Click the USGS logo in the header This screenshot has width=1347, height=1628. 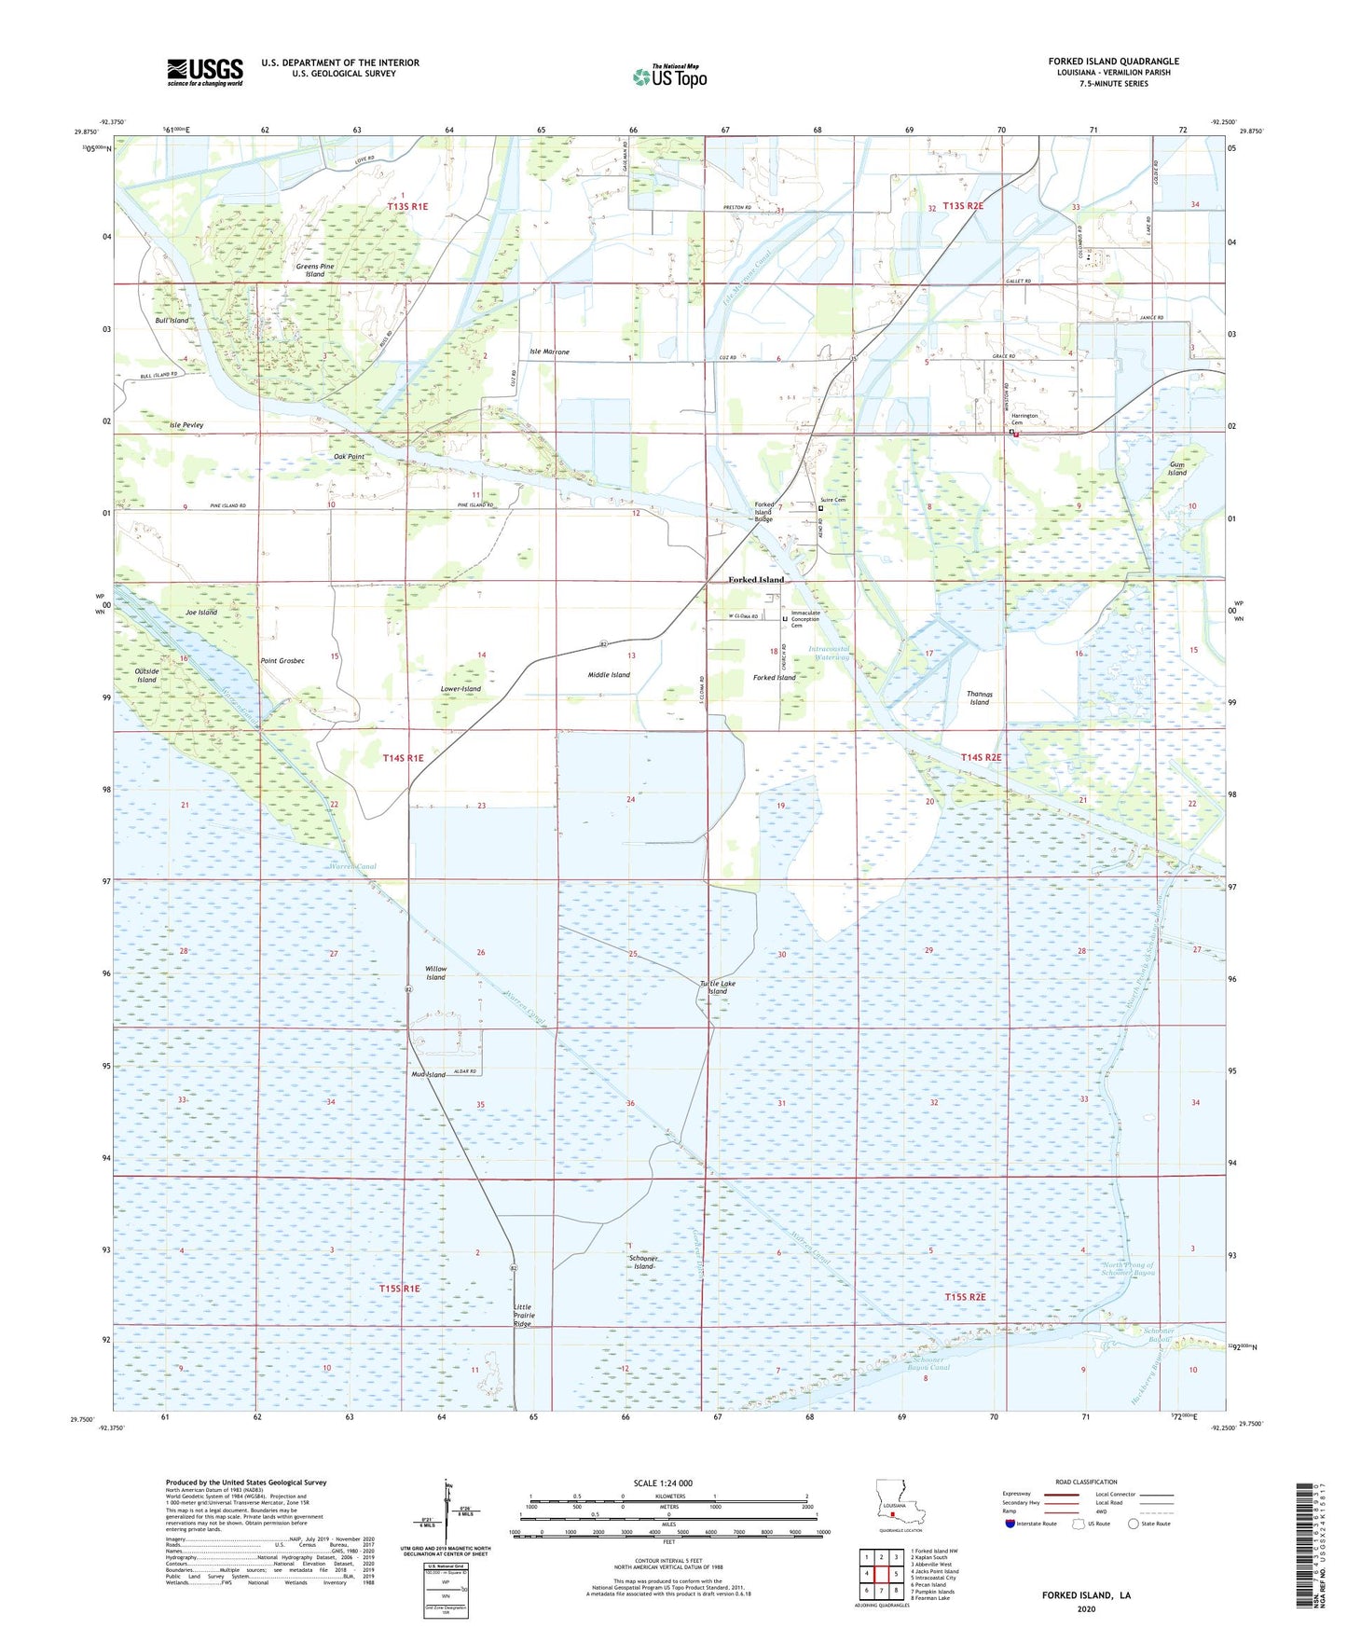(204, 72)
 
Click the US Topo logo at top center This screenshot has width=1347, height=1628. (670, 76)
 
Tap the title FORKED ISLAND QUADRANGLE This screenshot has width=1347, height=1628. (1113, 62)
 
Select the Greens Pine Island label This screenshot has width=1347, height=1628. (315, 270)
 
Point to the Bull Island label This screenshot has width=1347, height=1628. (172, 320)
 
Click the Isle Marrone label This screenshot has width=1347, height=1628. (549, 352)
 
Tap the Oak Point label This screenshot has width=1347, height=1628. (349, 457)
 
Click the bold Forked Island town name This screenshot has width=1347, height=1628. (756, 579)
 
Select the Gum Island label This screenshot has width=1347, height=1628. (1177, 468)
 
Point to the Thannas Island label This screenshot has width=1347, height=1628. (979, 697)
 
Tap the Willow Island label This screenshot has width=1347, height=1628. (435, 973)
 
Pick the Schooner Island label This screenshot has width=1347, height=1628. (643, 1262)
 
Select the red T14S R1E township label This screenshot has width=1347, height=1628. (403, 758)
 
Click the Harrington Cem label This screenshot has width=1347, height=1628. (1024, 419)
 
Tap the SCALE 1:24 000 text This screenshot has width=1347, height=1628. (663, 1483)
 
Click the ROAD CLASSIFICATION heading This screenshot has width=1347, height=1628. (1085, 1482)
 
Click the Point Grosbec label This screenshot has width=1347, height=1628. (282, 660)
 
